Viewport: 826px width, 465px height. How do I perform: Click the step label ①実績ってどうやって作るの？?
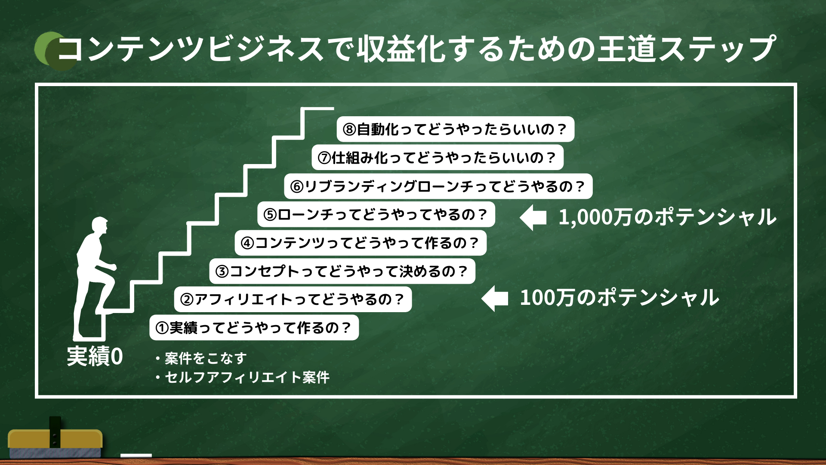click(254, 328)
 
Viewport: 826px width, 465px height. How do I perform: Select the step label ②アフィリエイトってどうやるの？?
click(293, 299)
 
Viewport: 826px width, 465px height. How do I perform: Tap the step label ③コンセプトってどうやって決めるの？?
click(342, 271)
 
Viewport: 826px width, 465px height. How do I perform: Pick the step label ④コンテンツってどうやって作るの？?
click(361, 243)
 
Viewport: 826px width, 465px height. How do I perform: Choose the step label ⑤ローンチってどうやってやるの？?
click(376, 214)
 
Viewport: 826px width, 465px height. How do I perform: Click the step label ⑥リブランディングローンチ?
click(438, 186)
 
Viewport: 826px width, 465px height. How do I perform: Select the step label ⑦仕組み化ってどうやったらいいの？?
click(438, 158)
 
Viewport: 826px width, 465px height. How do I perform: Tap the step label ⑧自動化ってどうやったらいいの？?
click(456, 129)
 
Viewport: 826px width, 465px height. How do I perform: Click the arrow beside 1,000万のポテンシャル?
click(533, 217)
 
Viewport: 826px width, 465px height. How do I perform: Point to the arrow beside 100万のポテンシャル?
click(495, 298)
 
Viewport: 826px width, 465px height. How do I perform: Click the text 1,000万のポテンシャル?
click(667, 217)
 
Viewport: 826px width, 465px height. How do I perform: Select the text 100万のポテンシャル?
click(619, 298)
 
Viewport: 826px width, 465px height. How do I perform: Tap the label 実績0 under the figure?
click(95, 356)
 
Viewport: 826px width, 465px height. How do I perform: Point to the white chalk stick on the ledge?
click(136, 455)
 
